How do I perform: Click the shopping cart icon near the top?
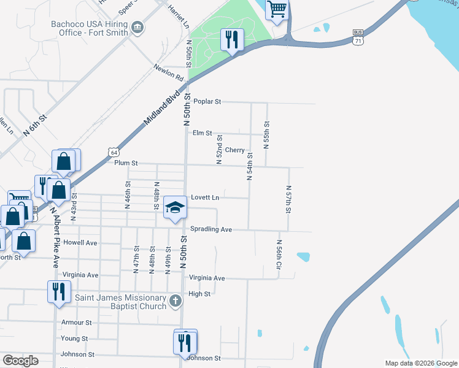(x=277, y=10)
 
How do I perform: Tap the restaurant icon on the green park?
(x=232, y=40)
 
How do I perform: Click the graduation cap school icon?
(x=175, y=208)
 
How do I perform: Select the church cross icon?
(x=175, y=301)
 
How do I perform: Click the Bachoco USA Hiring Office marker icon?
(x=137, y=28)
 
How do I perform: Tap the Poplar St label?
(x=207, y=101)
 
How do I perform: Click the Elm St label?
(x=202, y=133)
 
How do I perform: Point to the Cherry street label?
(x=234, y=150)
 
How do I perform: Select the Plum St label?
(x=126, y=163)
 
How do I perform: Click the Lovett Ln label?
(x=205, y=197)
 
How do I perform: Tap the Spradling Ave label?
(x=210, y=229)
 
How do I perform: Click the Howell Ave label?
(x=80, y=243)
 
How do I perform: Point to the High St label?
(x=199, y=294)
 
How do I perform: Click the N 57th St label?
(x=288, y=199)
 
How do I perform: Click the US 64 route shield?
(x=112, y=151)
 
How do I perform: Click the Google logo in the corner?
(x=20, y=361)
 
